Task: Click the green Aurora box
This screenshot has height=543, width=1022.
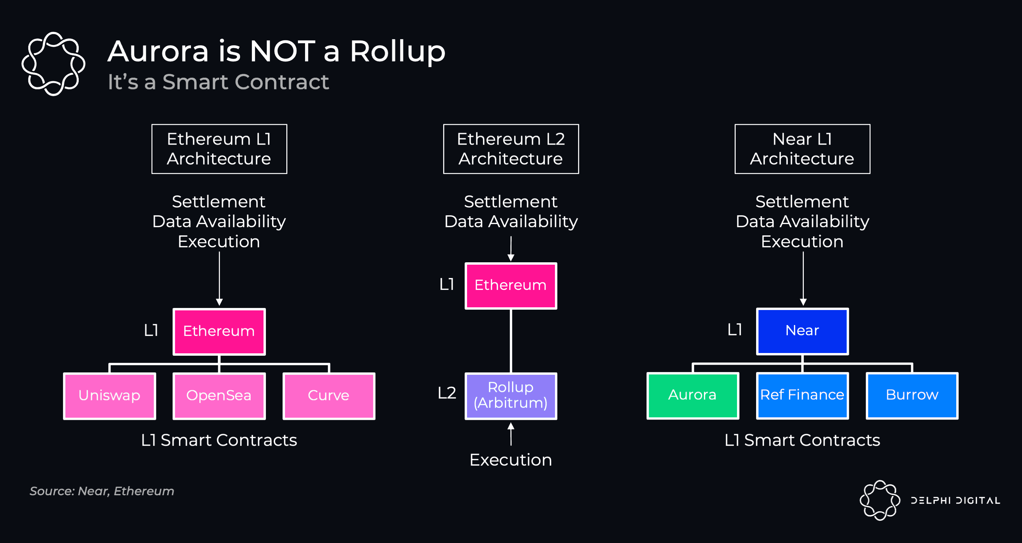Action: tap(692, 395)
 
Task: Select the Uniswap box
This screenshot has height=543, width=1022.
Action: tap(109, 396)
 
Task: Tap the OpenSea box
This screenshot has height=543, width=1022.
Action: tap(219, 396)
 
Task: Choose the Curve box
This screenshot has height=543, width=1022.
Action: tap(329, 396)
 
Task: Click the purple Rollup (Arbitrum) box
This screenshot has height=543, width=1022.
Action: tap(511, 396)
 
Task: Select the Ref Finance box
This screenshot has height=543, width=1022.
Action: tap(802, 395)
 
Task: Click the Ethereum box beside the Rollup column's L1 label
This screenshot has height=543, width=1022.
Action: tap(511, 285)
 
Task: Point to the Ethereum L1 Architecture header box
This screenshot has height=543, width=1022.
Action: tap(219, 149)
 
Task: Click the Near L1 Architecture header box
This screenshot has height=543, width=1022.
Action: tap(802, 149)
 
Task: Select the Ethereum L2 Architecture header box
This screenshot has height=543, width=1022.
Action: tap(511, 149)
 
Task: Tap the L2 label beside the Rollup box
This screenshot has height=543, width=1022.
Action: tap(447, 393)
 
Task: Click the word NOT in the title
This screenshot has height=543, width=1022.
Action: tap(283, 52)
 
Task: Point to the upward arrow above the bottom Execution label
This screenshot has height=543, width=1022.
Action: tap(511, 434)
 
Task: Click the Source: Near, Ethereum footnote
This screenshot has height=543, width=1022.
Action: tap(102, 491)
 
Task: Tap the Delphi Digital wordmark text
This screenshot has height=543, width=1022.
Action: tap(955, 500)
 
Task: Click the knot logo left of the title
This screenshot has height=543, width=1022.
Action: tap(53, 64)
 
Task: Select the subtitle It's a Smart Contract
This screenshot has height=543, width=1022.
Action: tap(218, 82)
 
